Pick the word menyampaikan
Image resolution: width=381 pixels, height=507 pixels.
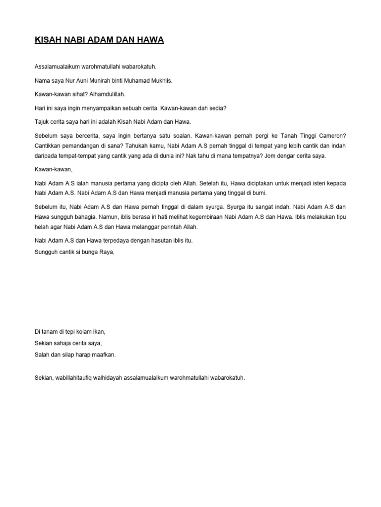96,107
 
